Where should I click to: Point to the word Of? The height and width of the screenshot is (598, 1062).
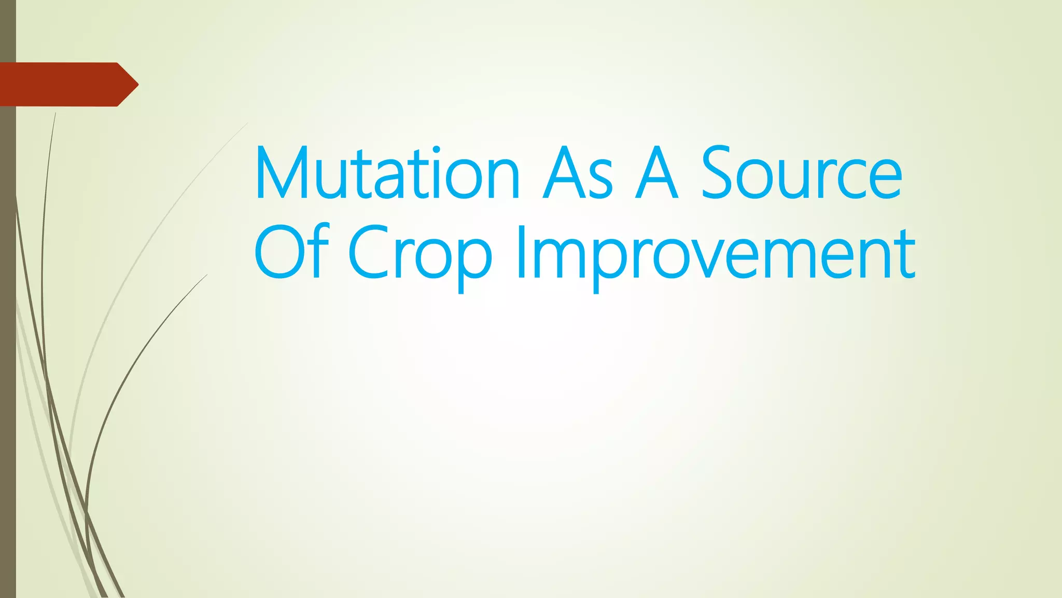pos(291,252)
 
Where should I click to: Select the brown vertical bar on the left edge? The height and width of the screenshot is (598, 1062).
pos(8,337)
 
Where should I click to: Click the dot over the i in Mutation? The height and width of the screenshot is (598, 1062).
pos(436,151)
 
